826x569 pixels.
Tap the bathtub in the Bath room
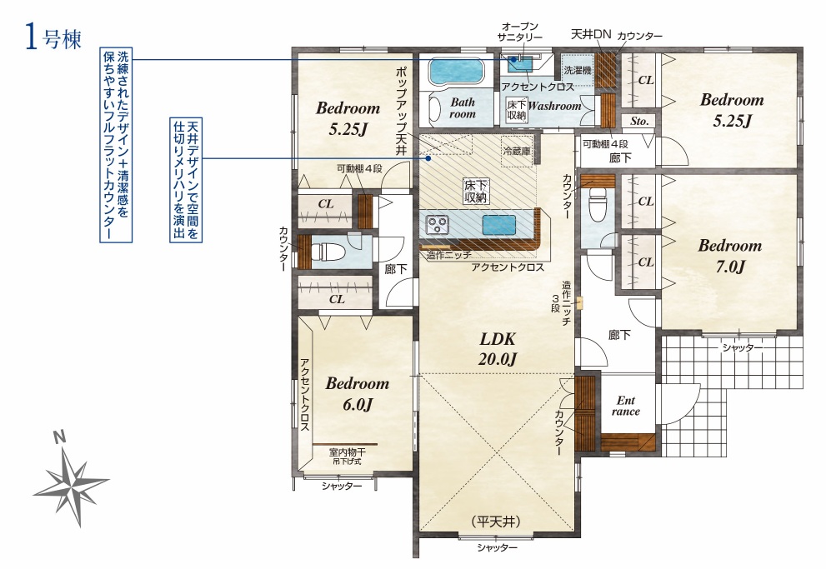456,71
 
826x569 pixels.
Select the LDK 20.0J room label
498,348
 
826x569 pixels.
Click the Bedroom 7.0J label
729,256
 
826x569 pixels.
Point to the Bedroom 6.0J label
358,393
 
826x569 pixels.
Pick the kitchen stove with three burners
438,225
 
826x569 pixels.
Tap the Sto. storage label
639,121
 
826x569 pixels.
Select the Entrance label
626,406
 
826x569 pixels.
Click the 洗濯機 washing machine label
578,70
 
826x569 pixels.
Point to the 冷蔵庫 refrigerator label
517,152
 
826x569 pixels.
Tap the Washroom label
554,106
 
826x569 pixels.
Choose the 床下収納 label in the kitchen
476,192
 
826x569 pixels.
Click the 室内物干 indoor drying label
347,452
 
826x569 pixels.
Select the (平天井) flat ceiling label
496,522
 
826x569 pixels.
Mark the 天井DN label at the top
591,35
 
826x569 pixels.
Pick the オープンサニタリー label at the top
519,32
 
